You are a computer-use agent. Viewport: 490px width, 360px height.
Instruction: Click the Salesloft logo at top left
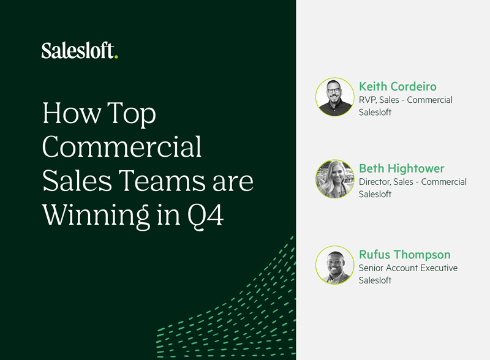(x=78, y=51)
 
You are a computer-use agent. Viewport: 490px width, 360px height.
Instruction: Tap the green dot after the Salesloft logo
(x=116, y=57)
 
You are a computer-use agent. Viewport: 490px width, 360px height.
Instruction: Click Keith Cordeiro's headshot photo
(x=335, y=97)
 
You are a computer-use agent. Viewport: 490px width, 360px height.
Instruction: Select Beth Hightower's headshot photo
(x=335, y=179)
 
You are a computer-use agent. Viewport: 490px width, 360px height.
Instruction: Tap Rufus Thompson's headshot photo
(x=335, y=265)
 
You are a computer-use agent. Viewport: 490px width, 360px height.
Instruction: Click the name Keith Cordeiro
(x=398, y=86)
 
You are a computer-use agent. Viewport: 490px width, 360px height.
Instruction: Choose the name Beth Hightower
(x=401, y=168)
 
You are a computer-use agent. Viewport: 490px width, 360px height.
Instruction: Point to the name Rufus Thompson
(x=404, y=254)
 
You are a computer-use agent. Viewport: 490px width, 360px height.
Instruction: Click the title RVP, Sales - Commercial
(x=405, y=100)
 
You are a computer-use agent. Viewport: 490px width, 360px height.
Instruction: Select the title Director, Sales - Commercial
(x=412, y=182)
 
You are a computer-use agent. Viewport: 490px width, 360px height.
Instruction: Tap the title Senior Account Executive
(x=408, y=268)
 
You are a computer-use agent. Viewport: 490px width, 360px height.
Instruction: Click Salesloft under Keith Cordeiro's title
(x=375, y=112)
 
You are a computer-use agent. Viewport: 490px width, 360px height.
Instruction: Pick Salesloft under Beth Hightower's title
(x=375, y=194)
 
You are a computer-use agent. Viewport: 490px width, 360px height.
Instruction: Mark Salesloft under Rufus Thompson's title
(x=375, y=280)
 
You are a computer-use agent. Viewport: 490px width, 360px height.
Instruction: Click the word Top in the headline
(x=132, y=114)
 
